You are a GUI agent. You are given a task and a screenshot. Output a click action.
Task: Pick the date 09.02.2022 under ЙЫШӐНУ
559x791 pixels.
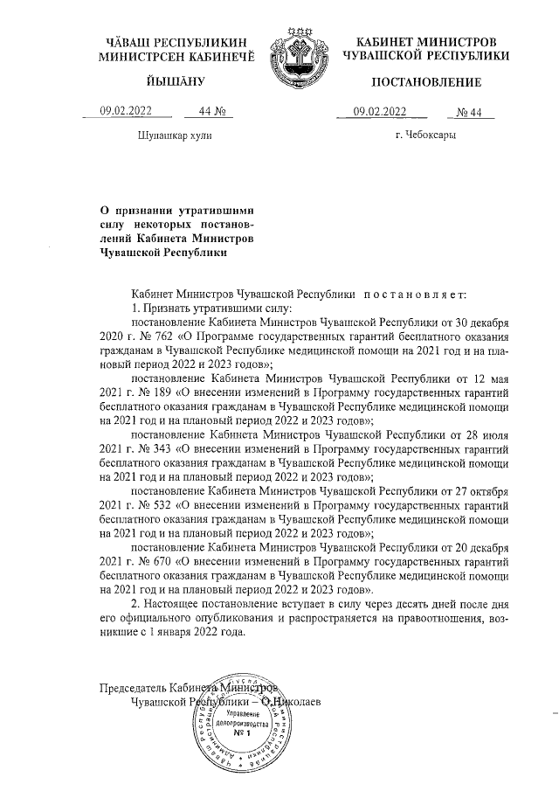click(126, 111)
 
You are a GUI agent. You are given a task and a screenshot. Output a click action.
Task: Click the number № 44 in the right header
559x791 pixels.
click(475, 111)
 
